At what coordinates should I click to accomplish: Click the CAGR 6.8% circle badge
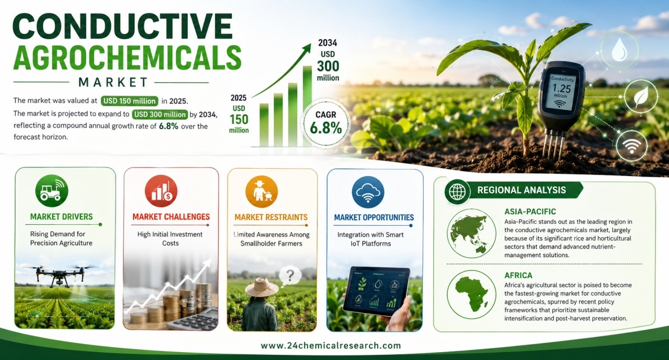(326, 123)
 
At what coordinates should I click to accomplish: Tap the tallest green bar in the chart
(307, 106)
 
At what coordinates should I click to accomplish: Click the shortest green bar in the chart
(264, 125)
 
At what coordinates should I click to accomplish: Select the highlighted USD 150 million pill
(130, 101)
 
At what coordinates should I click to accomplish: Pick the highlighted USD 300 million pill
(160, 114)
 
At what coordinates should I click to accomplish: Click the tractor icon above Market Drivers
(51, 191)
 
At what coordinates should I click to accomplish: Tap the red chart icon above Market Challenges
(162, 191)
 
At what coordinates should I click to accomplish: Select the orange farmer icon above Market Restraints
(262, 192)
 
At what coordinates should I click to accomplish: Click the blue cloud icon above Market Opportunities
(368, 192)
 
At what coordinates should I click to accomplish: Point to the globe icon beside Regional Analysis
(457, 192)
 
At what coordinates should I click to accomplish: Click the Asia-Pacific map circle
(472, 233)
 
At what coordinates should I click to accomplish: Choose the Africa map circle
(472, 294)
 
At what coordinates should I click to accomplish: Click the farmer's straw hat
(262, 287)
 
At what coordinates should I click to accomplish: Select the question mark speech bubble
(290, 276)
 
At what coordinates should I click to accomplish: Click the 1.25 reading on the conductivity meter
(561, 88)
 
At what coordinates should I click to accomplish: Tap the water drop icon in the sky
(619, 50)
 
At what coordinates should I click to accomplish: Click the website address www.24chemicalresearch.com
(331, 345)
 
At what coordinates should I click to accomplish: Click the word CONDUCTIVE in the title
(123, 26)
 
